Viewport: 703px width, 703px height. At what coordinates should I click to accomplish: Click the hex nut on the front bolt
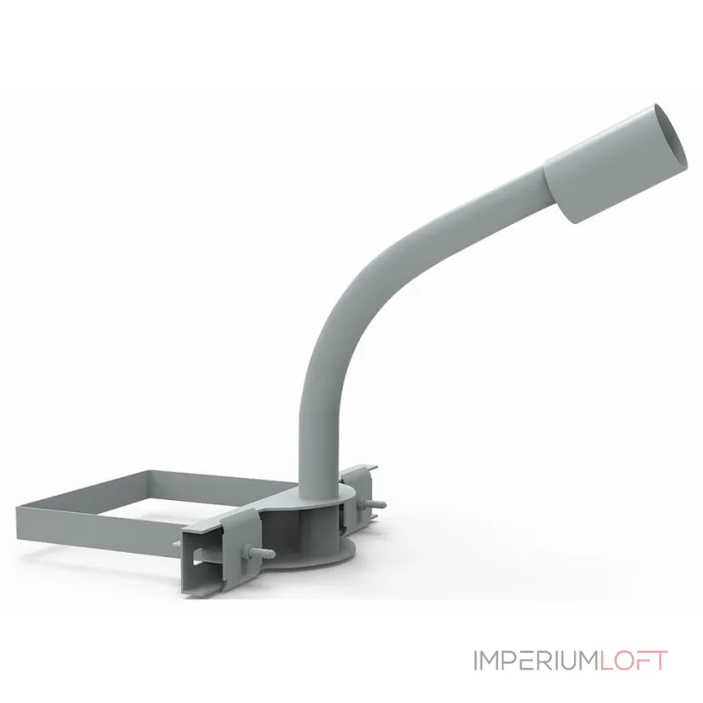[x=248, y=551]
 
